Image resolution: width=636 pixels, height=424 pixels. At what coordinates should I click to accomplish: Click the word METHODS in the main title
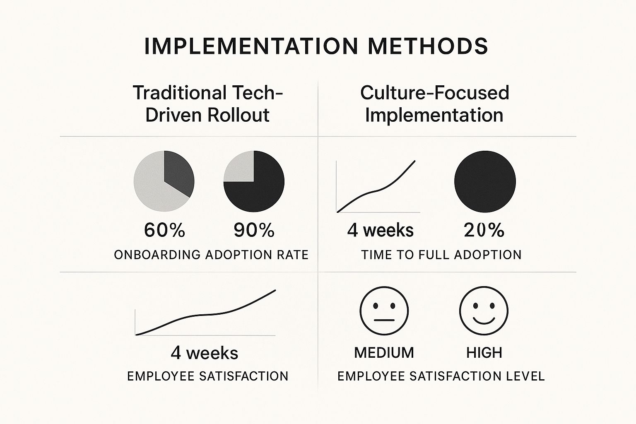click(428, 46)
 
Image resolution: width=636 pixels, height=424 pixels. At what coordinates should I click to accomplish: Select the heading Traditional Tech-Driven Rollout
click(207, 104)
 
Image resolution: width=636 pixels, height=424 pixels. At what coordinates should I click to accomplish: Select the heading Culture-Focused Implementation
click(434, 104)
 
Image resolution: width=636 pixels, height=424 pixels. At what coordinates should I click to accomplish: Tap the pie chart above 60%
click(164, 181)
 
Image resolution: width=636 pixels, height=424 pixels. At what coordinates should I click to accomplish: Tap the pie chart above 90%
click(254, 181)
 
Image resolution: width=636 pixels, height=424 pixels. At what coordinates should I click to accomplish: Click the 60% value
click(164, 230)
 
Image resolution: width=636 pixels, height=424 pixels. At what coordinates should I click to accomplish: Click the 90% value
click(254, 230)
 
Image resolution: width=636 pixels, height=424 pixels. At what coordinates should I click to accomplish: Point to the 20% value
click(484, 230)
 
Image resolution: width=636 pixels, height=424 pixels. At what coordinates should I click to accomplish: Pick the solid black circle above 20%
click(485, 181)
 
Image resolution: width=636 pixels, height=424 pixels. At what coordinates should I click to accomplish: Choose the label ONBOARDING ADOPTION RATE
click(211, 255)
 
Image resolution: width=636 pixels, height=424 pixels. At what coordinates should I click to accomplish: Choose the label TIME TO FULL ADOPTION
click(441, 255)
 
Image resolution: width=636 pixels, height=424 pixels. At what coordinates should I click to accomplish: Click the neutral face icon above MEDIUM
click(384, 311)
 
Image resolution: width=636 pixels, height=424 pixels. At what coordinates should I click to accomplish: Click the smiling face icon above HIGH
click(484, 311)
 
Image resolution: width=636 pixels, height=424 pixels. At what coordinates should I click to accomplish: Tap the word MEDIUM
click(384, 353)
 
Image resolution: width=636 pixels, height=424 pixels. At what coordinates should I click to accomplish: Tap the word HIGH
click(484, 353)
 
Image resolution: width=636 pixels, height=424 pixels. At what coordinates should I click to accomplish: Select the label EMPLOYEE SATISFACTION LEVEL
click(441, 376)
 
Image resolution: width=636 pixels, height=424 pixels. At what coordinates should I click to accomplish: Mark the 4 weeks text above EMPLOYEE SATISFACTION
click(204, 353)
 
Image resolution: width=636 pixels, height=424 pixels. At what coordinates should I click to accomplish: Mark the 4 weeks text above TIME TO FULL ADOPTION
click(380, 230)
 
